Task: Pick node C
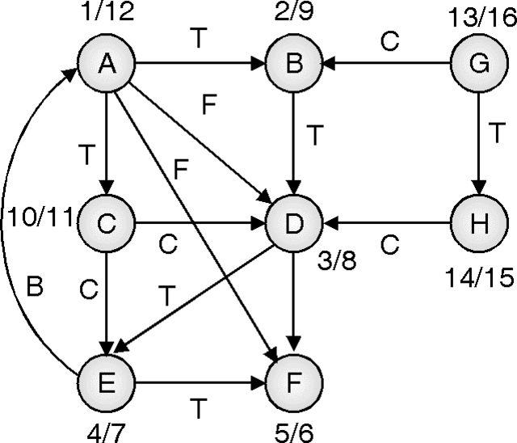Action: pyautogui.click(x=106, y=220)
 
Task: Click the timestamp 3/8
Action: pyautogui.click(x=334, y=263)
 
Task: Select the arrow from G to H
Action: pyautogui.click(x=478, y=141)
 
